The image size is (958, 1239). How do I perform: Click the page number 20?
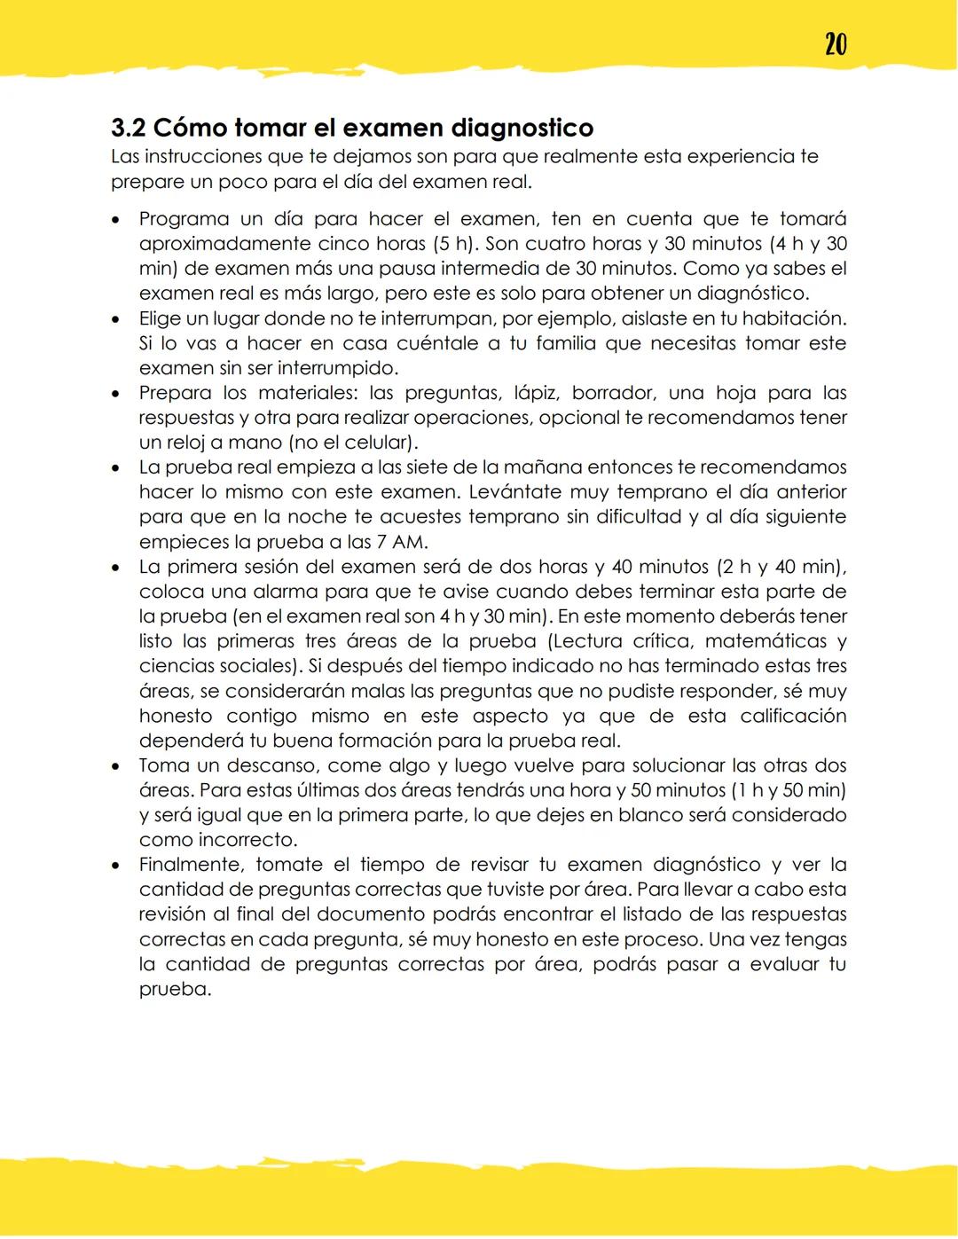pos(835,43)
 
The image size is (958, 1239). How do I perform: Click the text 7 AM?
pos(402,541)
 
